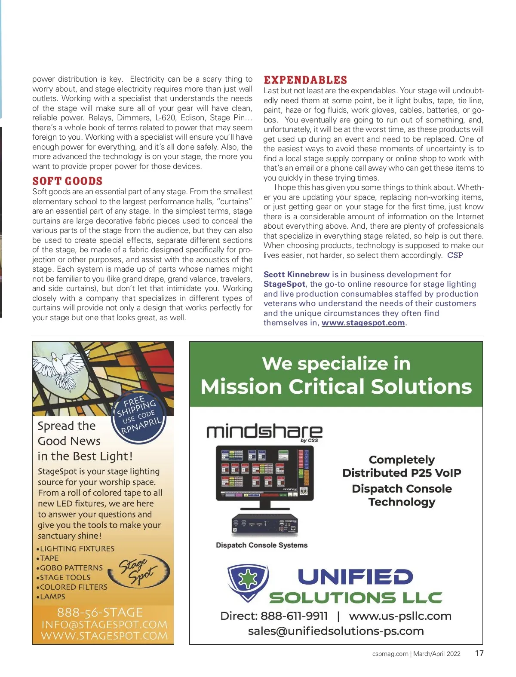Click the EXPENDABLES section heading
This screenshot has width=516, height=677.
305,80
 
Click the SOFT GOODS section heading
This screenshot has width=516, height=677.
68,181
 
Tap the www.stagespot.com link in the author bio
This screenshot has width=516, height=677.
363,323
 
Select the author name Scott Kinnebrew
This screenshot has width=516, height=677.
296,274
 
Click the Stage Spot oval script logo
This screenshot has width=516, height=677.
144,571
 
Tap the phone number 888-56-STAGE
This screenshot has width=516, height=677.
100,612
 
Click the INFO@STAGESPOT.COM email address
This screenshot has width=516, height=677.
104,624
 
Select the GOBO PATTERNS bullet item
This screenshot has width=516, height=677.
71,568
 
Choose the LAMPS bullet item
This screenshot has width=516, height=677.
52,597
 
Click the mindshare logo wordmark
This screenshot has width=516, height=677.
264,432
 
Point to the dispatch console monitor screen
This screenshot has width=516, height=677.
264,472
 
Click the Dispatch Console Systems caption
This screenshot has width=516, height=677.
261,545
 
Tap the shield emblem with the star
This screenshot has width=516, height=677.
248,581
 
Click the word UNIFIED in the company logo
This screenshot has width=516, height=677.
355,577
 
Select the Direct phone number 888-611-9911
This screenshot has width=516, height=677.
294,616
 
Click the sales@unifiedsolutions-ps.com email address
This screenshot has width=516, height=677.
336,631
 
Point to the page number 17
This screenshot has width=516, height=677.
479,653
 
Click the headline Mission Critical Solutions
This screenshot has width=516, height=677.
336,386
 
